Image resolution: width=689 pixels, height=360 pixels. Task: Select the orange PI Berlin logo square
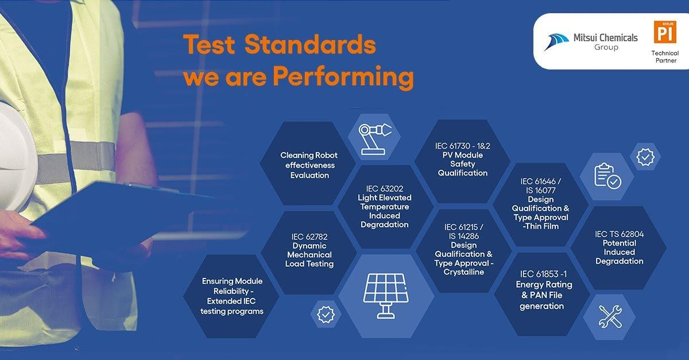[664, 32]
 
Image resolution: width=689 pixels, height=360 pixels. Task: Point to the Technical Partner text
[664, 57]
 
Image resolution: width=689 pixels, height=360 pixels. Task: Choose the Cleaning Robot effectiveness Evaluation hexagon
[309, 165]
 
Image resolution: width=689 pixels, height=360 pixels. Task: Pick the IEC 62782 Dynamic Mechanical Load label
[309, 250]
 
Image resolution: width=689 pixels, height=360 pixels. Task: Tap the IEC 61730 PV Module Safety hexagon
[462, 160]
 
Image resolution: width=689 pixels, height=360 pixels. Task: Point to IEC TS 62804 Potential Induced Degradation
[619, 247]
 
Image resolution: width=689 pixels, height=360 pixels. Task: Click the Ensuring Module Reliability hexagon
[232, 296]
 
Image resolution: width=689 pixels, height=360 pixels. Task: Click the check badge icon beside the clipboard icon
[645, 157]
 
